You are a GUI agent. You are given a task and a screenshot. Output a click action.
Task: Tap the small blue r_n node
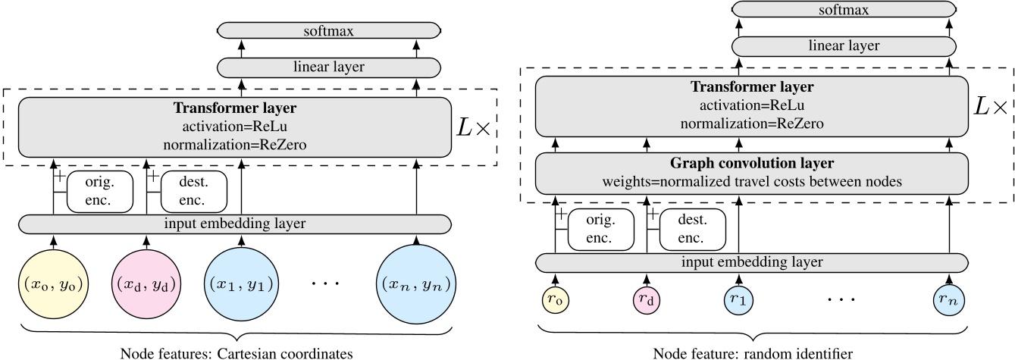coord(950,299)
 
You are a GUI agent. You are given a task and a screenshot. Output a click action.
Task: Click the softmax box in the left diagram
coord(328,30)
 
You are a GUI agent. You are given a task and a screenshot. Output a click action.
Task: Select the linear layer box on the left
coord(328,67)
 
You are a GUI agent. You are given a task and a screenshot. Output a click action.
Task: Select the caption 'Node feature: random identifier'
coord(754,352)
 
